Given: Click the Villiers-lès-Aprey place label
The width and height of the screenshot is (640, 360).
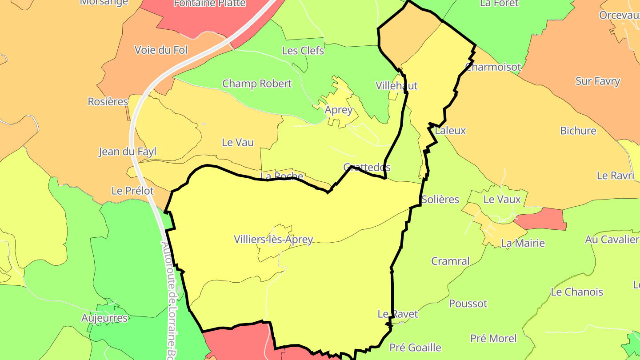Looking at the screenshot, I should pyautogui.click(x=273, y=240).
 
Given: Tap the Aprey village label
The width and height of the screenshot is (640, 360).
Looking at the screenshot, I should pyautogui.click(x=339, y=110).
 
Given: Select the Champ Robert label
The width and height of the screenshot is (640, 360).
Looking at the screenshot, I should pyautogui.click(x=257, y=84).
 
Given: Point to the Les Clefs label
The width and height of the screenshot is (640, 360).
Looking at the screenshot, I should pyautogui.click(x=303, y=51).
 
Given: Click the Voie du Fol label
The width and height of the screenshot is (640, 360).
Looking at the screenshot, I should pyautogui.click(x=161, y=50).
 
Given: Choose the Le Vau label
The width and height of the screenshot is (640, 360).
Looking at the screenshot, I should pyautogui.click(x=237, y=142).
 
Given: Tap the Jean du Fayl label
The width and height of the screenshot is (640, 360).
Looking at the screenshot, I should pyautogui.click(x=127, y=152).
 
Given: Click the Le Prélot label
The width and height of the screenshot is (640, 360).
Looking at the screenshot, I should pyautogui.click(x=132, y=191).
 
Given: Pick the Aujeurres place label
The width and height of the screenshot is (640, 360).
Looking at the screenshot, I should pyautogui.click(x=104, y=318).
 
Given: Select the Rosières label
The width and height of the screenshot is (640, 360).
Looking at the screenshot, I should pyautogui.click(x=108, y=102).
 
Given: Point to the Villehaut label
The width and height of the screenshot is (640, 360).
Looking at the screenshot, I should pyautogui.click(x=396, y=86).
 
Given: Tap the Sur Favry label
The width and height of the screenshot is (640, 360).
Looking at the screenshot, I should pyautogui.click(x=597, y=81).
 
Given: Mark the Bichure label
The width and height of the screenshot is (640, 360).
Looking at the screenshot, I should pyautogui.click(x=578, y=131).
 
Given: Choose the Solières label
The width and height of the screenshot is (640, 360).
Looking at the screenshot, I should pyautogui.click(x=440, y=200).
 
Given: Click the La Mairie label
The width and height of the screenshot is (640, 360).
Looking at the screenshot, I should pyautogui.click(x=523, y=243).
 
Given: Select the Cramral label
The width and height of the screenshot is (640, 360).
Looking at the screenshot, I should pyautogui.click(x=450, y=261).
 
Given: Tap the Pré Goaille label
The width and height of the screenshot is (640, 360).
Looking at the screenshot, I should pyautogui.click(x=415, y=348).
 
